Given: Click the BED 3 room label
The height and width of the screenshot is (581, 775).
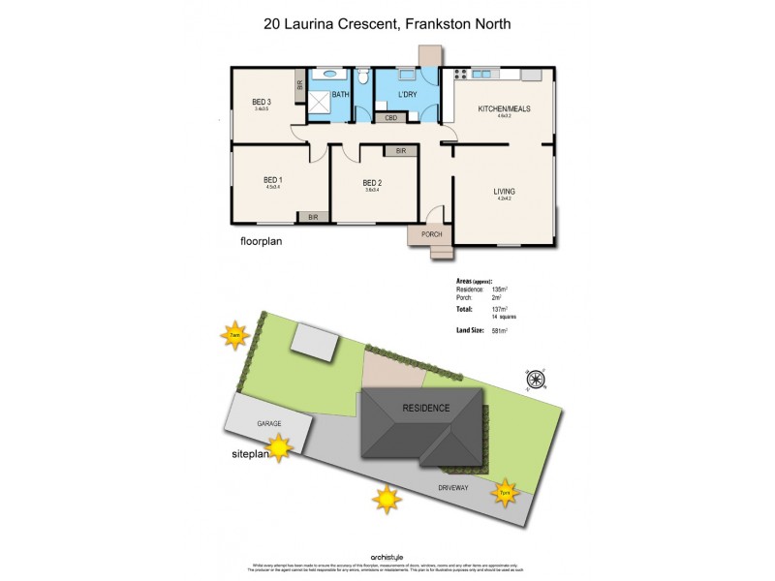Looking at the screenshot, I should tap(261, 102).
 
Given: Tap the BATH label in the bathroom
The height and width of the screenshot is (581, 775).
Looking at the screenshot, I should tap(340, 95).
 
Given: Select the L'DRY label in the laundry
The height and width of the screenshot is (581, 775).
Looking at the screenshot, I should tap(408, 95).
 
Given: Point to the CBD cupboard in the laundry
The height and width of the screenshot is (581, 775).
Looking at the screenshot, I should tap(391, 118).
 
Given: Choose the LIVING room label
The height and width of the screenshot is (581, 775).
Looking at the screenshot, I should tap(504, 192).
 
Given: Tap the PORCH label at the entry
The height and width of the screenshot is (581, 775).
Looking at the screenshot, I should tap(431, 233).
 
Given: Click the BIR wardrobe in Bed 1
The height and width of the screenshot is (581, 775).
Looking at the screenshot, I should tap(313, 218).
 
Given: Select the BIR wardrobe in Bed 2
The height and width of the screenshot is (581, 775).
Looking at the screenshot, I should tap(400, 151).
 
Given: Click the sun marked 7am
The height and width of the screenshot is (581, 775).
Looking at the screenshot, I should tap(234, 336).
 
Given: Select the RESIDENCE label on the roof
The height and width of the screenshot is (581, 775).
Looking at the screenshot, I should tap(425, 408).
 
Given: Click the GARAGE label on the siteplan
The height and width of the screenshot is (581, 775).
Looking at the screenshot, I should tap(268, 424).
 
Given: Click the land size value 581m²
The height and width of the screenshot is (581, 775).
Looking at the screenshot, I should tap(500, 331).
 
